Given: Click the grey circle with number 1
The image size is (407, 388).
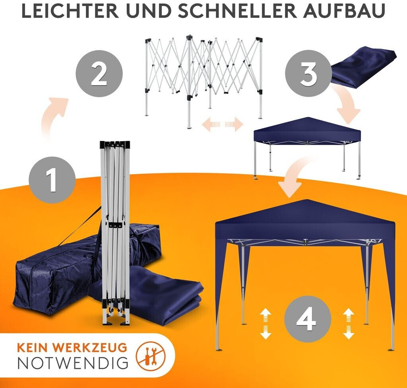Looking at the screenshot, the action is (52, 180).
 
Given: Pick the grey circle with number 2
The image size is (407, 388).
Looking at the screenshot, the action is (99, 74).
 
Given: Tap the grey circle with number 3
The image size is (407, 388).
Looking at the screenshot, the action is (308, 74).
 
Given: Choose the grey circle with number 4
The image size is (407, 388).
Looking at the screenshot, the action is (308, 319).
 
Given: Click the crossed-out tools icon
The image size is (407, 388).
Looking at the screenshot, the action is (151, 355).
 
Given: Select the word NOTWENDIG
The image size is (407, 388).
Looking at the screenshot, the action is (73, 363).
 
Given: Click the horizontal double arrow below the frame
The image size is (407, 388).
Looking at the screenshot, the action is (223, 124).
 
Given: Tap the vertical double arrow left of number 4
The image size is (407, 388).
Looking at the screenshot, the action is (266, 324).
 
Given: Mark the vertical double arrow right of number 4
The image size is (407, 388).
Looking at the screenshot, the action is (349, 324).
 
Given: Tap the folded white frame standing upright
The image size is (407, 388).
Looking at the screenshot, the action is (115, 233).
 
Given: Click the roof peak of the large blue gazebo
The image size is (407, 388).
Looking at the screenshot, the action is (307, 200).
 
